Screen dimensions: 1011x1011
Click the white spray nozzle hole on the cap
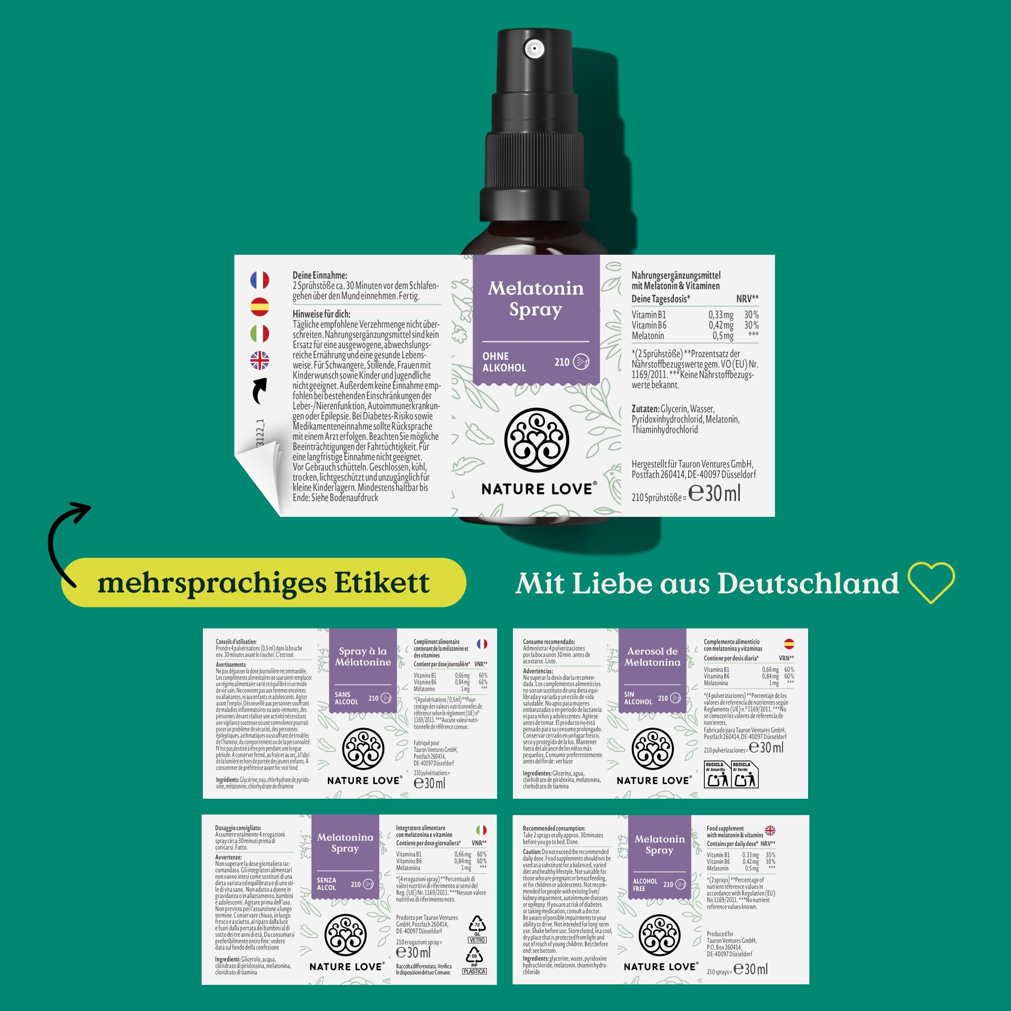pyautogui.click(x=534, y=49)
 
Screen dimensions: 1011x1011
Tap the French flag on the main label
pyautogui.click(x=260, y=280)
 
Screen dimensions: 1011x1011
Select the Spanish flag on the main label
pyautogui.click(x=260, y=307)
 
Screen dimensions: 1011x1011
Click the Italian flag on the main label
pyautogui.click(x=260, y=334)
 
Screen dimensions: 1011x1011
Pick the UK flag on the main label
pyautogui.click(x=260, y=360)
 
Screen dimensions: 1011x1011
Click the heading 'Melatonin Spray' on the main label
pyautogui.click(x=535, y=299)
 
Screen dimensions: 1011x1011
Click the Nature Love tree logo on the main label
pyautogui.click(x=537, y=440)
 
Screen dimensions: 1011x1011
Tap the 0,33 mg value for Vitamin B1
pyautogui.click(x=721, y=314)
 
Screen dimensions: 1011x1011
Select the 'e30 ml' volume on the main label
pyautogui.click(x=714, y=494)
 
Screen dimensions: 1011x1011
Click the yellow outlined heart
pyautogui.click(x=931, y=582)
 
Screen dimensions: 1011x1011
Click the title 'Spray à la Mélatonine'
pyautogui.click(x=363, y=657)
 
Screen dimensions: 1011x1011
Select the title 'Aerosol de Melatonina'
pyautogui.click(x=652, y=657)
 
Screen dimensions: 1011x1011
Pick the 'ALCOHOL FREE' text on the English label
pyautogui.click(x=645, y=884)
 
